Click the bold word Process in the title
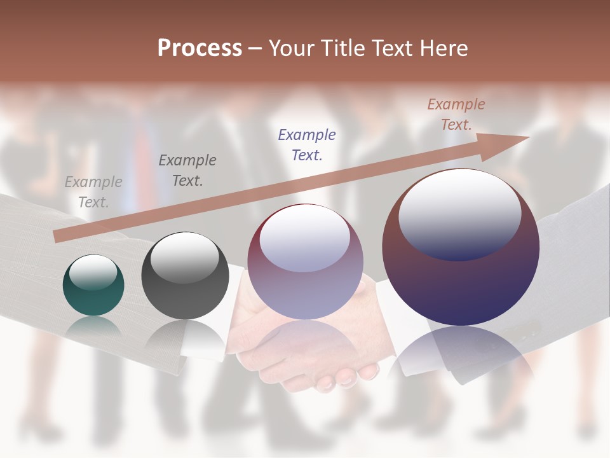click(200, 48)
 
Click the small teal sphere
click(93, 286)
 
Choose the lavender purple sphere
click(305, 262)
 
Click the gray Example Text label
click(93, 192)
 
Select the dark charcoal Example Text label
click(187, 170)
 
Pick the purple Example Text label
click(307, 144)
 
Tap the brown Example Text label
click(456, 114)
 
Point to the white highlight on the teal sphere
click(93, 272)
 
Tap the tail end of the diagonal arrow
click(58, 236)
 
